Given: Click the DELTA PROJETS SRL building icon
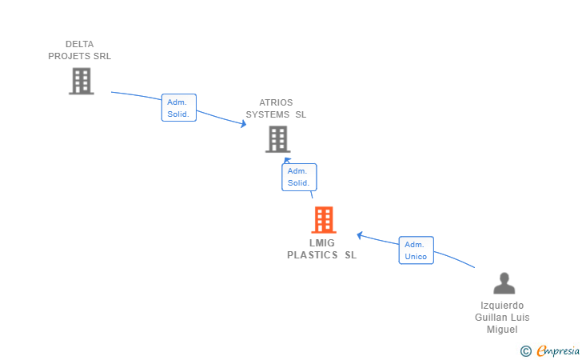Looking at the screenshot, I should click(x=81, y=81).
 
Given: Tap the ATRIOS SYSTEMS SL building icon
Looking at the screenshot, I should click(x=277, y=139).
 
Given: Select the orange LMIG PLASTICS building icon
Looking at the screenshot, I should click(x=323, y=219).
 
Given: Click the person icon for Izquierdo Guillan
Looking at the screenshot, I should click(x=504, y=283).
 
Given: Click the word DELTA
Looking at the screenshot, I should click(x=80, y=44).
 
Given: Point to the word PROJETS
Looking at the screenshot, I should click(x=70, y=56).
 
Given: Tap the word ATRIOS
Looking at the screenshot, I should click(x=276, y=102).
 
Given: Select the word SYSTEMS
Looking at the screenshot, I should click(x=267, y=114).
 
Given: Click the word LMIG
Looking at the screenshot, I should click(x=322, y=243).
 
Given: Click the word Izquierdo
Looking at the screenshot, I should click(x=502, y=306).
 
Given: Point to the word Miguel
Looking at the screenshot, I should click(x=502, y=330).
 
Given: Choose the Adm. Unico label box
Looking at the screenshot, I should click(x=416, y=250).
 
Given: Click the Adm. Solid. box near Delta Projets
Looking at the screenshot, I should click(x=178, y=108).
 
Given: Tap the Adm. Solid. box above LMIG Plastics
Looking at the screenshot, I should click(x=298, y=177).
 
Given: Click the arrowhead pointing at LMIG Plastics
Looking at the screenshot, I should click(x=361, y=235).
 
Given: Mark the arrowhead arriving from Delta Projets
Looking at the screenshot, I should click(x=243, y=123).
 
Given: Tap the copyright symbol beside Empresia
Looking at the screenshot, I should click(x=525, y=350).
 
